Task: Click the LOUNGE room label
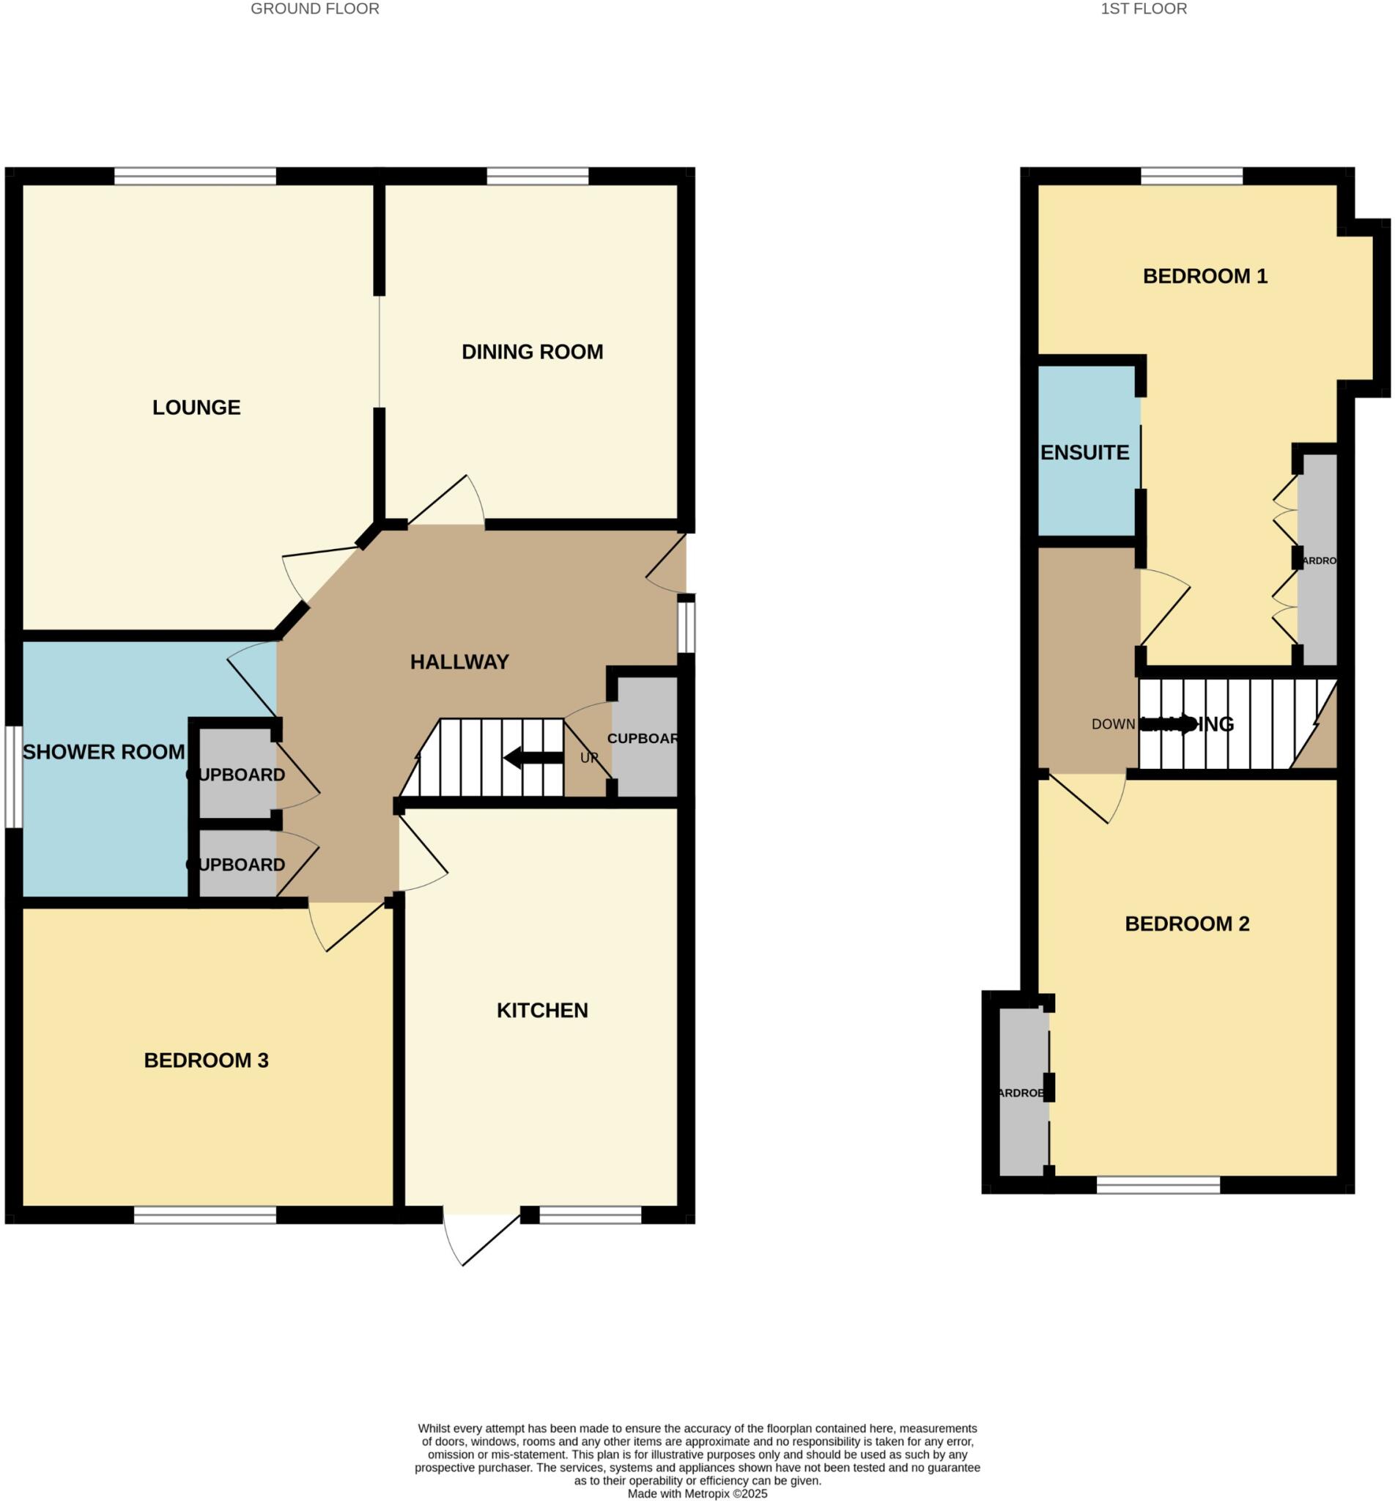click(x=196, y=407)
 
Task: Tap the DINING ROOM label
click(x=532, y=352)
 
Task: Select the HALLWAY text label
click(x=459, y=662)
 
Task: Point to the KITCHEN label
click(x=542, y=1010)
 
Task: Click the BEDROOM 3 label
click(x=206, y=1060)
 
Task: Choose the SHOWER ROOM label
click(x=103, y=752)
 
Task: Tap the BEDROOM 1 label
click(x=1205, y=276)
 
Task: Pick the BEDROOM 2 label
click(x=1188, y=923)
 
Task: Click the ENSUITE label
click(x=1085, y=452)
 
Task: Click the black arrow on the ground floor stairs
click(x=533, y=757)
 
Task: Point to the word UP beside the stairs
click(x=589, y=757)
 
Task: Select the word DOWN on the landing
click(x=1113, y=724)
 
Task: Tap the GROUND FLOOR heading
click(x=315, y=9)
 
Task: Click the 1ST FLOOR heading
click(x=1144, y=9)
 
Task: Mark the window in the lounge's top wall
click(x=195, y=176)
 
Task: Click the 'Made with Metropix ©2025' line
click(x=697, y=1494)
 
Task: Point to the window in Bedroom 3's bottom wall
click(x=205, y=1215)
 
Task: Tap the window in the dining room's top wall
click(x=538, y=176)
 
